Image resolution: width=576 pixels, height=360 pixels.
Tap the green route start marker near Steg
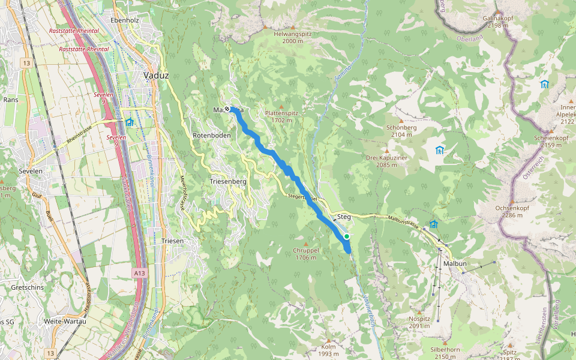pos(347,236)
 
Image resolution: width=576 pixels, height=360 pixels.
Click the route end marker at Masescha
pos(227,109)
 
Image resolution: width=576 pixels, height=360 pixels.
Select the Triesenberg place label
pos(228,181)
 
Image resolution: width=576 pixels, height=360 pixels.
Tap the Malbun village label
pos(455,264)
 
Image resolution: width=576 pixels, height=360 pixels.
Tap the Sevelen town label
pos(31,170)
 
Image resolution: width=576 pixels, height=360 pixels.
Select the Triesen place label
pos(172,241)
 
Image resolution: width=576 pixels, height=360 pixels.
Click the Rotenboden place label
pos(211,136)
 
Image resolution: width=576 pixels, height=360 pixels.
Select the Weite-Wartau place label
pos(65,321)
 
